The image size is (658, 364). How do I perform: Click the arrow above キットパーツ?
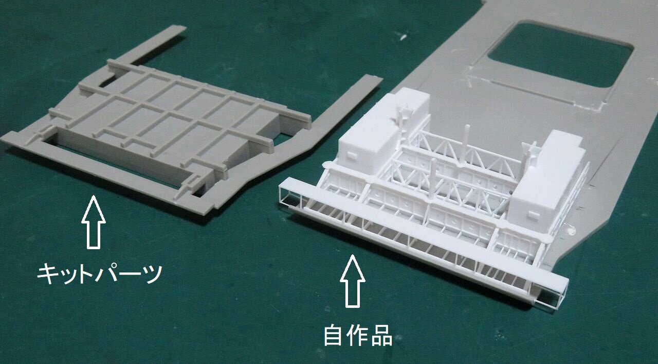click(x=93, y=222)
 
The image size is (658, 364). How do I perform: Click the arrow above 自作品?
click(x=353, y=281)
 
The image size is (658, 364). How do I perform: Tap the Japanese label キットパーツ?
click(x=100, y=274)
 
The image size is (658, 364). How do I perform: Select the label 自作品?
click(x=358, y=335)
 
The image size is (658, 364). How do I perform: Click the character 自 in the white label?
click(x=333, y=335)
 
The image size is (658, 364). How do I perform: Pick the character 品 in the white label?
click(x=382, y=335)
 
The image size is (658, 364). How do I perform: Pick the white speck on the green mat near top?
click(x=403, y=37)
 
